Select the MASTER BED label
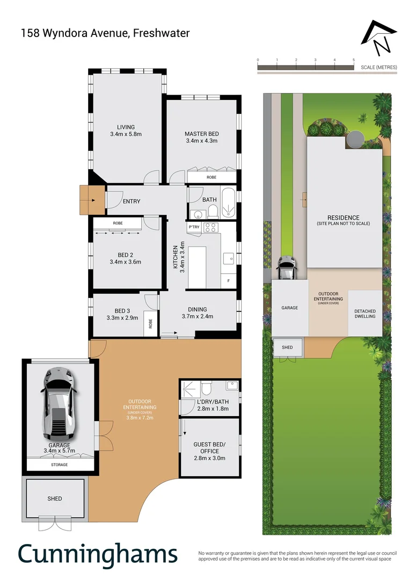tap(201, 134)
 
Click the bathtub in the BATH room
tap(229, 203)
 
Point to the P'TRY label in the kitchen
tap(194, 228)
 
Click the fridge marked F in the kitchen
tap(229, 281)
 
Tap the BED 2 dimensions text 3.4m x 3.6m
tap(125, 262)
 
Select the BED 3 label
tap(122, 311)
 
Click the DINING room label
tap(197, 309)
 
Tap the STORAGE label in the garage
tap(60, 465)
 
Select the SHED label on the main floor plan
tap(54, 498)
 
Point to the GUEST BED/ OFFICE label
tap(209, 448)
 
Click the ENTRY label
tap(132, 201)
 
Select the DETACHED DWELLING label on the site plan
tap(365, 314)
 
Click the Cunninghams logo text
tap(98, 555)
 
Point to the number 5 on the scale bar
tap(353, 60)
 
